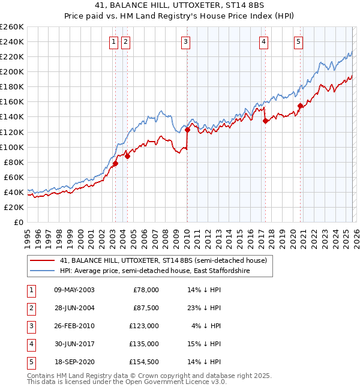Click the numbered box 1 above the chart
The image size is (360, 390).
tap(113, 41)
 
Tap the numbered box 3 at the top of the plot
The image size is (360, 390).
tap(186, 41)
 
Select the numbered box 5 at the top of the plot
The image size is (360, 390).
tap(298, 41)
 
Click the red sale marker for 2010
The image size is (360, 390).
tap(187, 130)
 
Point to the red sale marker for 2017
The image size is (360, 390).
tap(265, 121)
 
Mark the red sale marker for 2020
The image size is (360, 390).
tap(299, 106)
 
